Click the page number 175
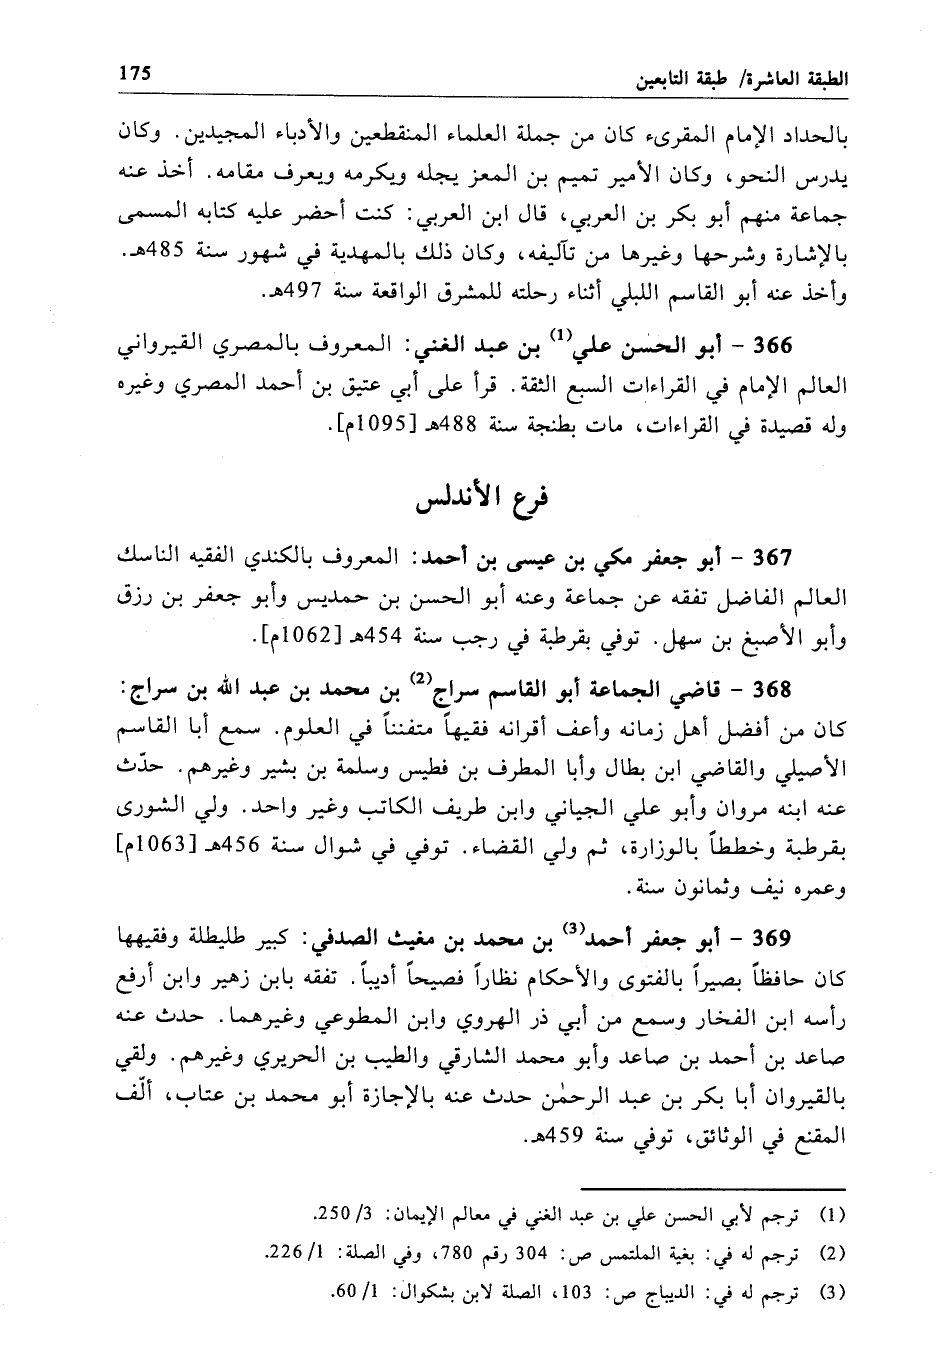(x=133, y=73)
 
